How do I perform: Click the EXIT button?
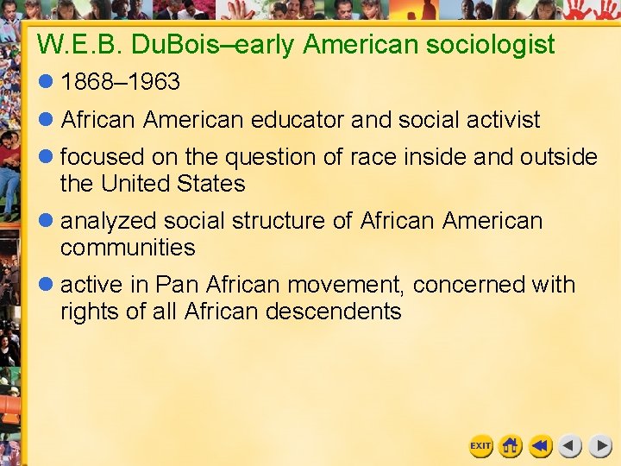[480, 446]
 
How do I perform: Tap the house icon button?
[511, 446]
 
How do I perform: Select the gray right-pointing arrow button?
[600, 446]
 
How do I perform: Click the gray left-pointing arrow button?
[570, 446]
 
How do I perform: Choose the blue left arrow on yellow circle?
[541, 446]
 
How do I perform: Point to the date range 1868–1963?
[120, 82]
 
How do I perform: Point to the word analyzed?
[110, 221]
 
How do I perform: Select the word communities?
[128, 248]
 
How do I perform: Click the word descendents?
[334, 312]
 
